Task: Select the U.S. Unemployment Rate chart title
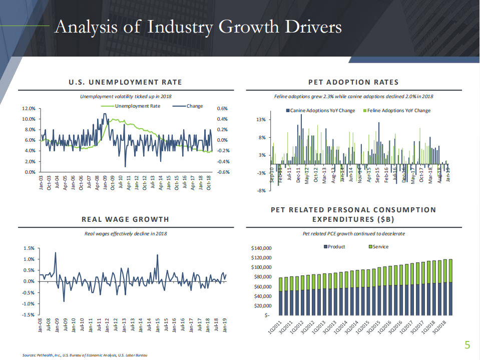tap(125, 82)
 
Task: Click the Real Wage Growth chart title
tap(125, 219)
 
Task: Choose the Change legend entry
tap(191, 106)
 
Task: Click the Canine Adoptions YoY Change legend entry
tap(320, 111)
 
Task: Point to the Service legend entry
tap(378, 247)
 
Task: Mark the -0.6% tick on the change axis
tap(222, 172)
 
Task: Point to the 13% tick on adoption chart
tap(261, 120)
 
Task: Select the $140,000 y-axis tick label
tap(260, 248)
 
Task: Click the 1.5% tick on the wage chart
tap(29, 248)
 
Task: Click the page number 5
tap(467, 344)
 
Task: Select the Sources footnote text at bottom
tap(85, 355)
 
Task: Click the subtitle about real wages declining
tap(125, 234)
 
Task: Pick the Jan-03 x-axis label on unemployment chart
tap(41, 181)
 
